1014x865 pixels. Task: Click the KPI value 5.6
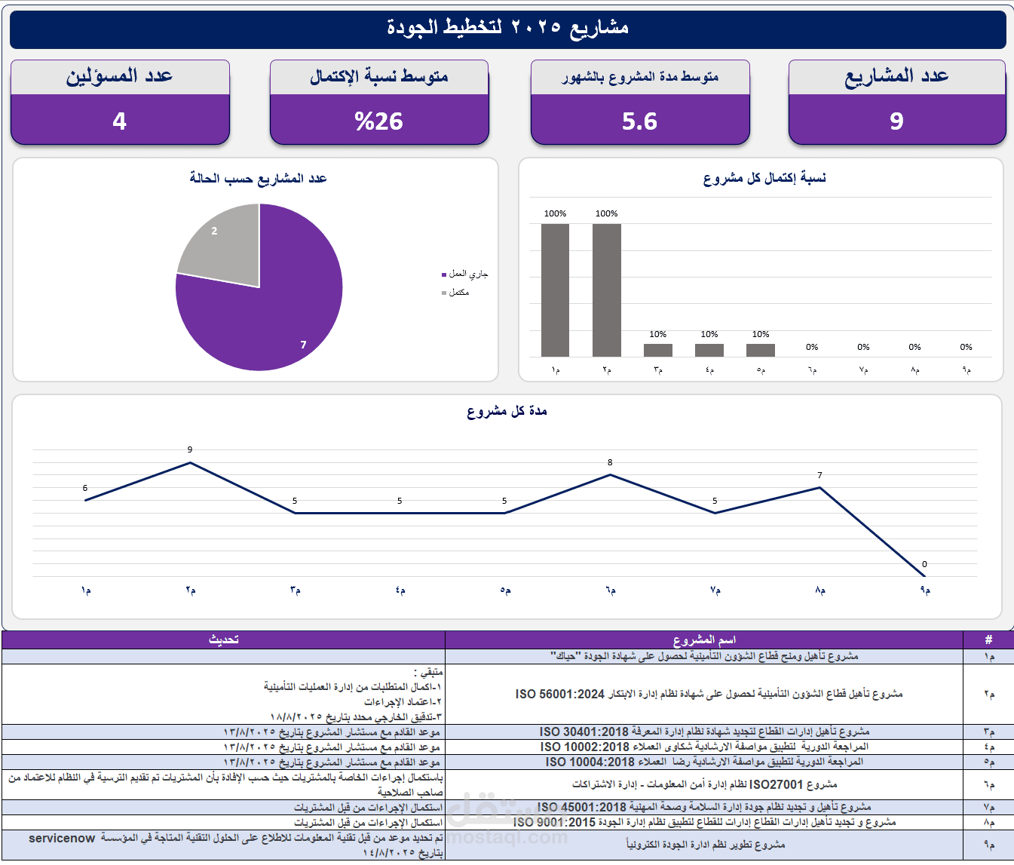[x=639, y=121]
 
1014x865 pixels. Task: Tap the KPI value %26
[x=379, y=121]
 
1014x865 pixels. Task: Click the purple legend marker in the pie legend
[x=444, y=275]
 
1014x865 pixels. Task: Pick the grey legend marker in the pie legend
[x=444, y=293]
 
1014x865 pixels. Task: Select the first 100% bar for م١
[x=555, y=290]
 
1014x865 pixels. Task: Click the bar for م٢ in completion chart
[x=607, y=290]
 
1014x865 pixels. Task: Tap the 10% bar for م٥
[x=761, y=350]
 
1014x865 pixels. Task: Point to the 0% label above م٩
[x=966, y=347]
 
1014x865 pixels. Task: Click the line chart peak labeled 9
[x=190, y=462]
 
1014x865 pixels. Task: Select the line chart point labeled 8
[x=610, y=474]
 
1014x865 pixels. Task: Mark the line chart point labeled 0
[x=924, y=576]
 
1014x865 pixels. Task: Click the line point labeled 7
[x=819, y=487]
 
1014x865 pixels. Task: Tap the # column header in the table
[x=988, y=640]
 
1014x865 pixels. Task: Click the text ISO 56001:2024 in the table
[x=560, y=694]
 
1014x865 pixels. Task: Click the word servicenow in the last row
[x=62, y=839]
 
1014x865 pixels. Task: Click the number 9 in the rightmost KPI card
[x=896, y=121]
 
